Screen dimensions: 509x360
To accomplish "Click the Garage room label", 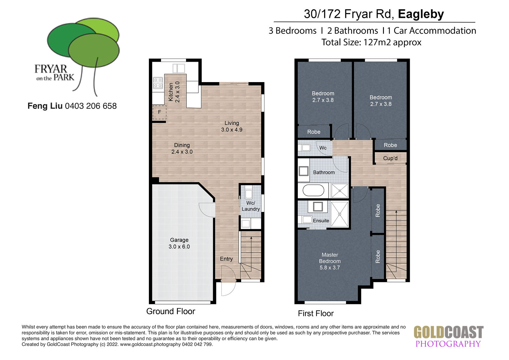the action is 179,243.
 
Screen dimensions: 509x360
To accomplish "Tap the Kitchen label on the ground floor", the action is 174,92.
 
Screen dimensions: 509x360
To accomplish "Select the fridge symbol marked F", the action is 159,112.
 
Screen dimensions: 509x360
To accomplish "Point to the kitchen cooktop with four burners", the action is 158,83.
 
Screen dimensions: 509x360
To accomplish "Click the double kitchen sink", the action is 178,68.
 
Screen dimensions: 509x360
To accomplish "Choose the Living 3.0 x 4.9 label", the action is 232,126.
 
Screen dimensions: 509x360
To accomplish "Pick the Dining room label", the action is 182,148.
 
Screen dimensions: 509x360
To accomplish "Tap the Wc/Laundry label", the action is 251,206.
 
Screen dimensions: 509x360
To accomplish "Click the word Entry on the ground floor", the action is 226,259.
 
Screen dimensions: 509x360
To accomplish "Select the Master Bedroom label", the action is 330,261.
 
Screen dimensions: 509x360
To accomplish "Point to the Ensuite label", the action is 321,221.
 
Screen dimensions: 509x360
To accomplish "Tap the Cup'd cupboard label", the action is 390,158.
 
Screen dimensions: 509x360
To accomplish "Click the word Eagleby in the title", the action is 421,14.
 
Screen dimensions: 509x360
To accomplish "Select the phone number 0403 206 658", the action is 91,106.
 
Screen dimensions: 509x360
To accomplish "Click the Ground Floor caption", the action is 171,311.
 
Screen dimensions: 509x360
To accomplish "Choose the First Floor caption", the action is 316,314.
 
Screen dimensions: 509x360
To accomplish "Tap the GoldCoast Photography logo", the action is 449,336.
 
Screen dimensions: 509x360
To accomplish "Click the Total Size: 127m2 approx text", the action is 371,42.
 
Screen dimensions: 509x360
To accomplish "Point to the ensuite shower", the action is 339,214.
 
